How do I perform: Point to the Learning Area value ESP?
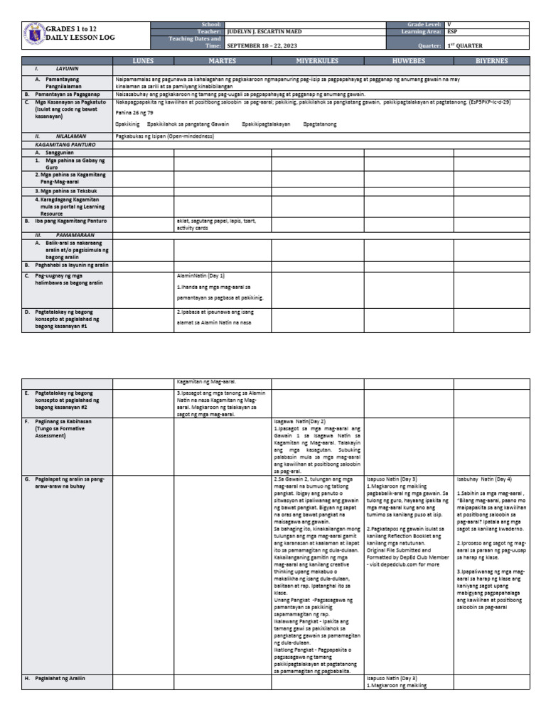point(452,32)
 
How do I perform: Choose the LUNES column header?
point(143,61)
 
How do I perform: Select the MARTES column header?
point(222,61)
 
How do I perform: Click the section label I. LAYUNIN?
point(58,69)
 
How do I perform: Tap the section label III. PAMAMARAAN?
point(63,234)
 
